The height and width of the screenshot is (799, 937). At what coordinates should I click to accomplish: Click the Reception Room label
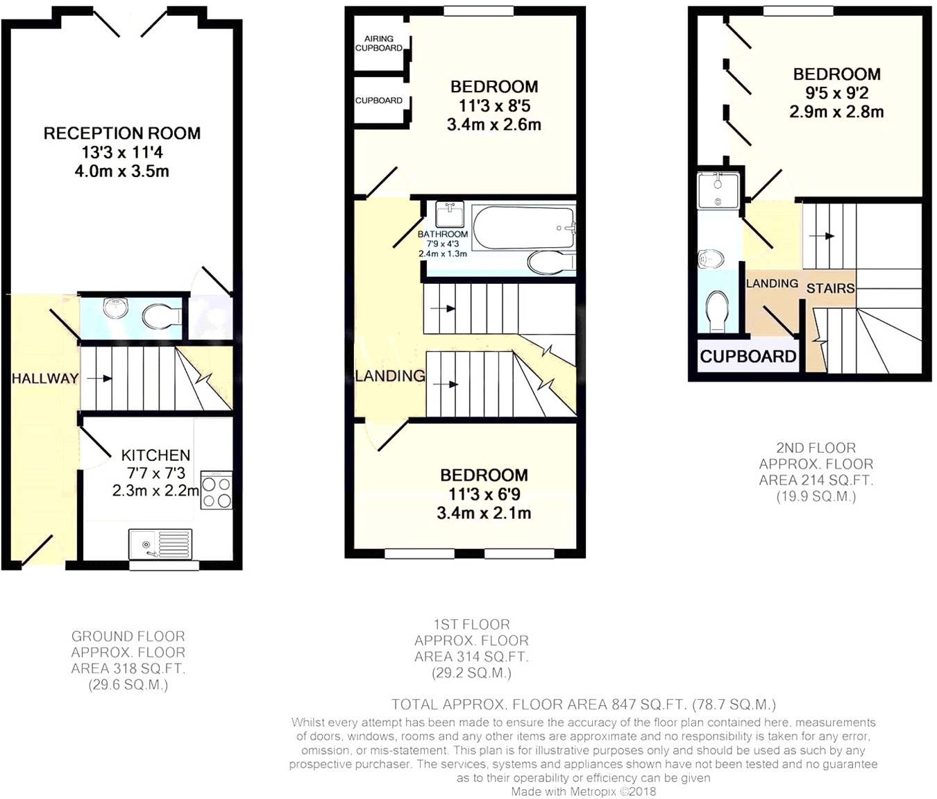pyautogui.click(x=122, y=133)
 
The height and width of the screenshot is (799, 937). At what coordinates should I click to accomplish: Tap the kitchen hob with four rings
pyautogui.click(x=217, y=490)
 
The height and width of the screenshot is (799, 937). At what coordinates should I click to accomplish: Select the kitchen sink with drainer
pyautogui.click(x=160, y=544)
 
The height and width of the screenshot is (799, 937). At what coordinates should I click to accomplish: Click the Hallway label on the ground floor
pyautogui.click(x=45, y=378)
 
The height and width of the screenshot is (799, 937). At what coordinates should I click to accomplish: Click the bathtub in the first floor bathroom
pyautogui.click(x=523, y=227)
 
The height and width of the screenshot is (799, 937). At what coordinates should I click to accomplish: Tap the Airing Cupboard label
pyautogui.click(x=379, y=44)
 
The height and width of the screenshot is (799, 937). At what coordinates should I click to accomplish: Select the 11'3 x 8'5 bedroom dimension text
pyautogui.click(x=494, y=106)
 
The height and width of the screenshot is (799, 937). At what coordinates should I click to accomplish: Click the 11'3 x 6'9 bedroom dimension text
pyautogui.click(x=484, y=494)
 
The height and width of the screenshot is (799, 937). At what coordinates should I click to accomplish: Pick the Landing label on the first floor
pyautogui.click(x=390, y=376)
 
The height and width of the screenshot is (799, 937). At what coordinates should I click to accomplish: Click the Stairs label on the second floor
pyautogui.click(x=830, y=288)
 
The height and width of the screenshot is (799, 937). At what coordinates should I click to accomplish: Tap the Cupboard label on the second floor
pyautogui.click(x=748, y=357)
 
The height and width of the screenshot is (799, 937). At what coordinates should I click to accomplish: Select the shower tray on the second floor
pyautogui.click(x=718, y=190)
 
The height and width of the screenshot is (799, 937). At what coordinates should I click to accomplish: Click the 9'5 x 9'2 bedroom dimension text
pyautogui.click(x=836, y=93)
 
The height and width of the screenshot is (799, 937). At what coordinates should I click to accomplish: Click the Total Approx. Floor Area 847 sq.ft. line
pyautogui.click(x=583, y=705)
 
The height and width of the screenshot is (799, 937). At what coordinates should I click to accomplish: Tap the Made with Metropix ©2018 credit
pyautogui.click(x=583, y=791)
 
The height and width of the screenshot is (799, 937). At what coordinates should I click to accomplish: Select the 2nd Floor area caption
pyautogui.click(x=816, y=472)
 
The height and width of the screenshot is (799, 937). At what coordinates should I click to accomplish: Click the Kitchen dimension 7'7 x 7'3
pyautogui.click(x=155, y=473)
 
